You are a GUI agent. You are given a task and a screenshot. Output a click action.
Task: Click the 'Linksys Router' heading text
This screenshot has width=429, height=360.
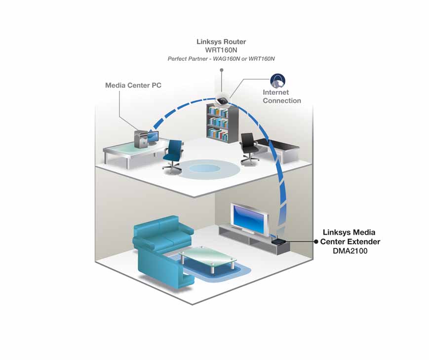pyautogui.click(x=221, y=42)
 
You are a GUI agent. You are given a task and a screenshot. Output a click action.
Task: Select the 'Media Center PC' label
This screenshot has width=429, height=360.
pyautogui.click(x=133, y=85)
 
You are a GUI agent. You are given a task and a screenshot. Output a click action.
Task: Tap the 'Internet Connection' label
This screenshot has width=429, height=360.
pyautogui.click(x=281, y=96)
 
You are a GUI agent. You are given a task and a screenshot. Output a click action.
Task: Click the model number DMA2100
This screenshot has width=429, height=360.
pyautogui.click(x=350, y=251)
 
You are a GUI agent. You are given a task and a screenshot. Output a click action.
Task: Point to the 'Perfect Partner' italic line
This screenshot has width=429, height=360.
pyautogui.click(x=221, y=59)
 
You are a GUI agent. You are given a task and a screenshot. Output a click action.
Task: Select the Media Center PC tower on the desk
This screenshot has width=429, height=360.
pyautogui.click(x=140, y=139)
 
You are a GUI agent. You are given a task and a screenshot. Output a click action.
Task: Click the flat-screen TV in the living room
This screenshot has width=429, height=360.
pyautogui.click(x=250, y=217)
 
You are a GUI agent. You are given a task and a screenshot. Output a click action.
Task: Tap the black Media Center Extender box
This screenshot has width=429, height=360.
pyautogui.click(x=279, y=242)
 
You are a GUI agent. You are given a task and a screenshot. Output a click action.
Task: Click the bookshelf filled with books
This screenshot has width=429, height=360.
pyautogui.click(x=223, y=123)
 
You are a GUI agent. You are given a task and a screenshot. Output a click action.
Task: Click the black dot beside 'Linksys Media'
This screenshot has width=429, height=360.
pyautogui.click(x=316, y=241)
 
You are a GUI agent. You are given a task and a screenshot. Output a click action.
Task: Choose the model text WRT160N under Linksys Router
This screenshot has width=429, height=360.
pyautogui.click(x=221, y=50)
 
